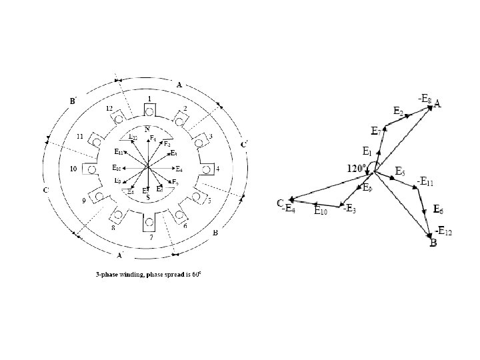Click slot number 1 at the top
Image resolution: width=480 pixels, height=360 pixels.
150,98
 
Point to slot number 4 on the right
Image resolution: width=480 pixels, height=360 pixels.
217,167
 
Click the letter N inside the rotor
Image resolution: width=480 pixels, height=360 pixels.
147,128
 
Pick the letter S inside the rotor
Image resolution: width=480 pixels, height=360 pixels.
145,198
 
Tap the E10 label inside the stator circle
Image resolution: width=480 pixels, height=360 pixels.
117,168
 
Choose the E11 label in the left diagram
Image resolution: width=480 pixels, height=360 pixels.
121,152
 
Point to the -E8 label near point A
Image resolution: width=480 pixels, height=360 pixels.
424,99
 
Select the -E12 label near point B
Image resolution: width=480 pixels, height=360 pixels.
443,231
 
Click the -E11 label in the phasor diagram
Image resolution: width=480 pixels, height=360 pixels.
425,181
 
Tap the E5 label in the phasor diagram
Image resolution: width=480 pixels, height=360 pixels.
400,171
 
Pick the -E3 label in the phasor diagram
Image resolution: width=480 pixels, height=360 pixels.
349,209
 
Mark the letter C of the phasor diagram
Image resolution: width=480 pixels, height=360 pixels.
281,202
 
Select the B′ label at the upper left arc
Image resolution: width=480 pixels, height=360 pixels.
74,101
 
